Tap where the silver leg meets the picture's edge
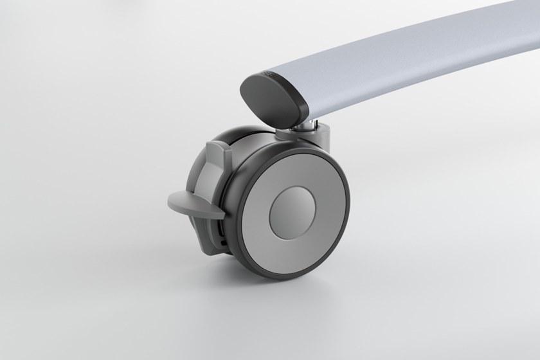click(536, 26)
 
